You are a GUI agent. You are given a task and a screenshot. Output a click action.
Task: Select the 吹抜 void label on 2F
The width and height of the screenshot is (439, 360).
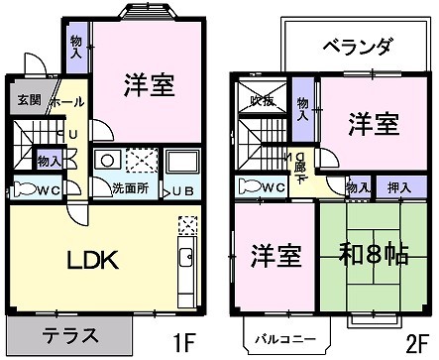(262, 101)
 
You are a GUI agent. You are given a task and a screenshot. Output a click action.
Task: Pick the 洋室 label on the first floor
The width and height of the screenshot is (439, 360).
(150, 87)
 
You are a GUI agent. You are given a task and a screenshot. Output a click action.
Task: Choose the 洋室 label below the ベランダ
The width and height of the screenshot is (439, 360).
(373, 124)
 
